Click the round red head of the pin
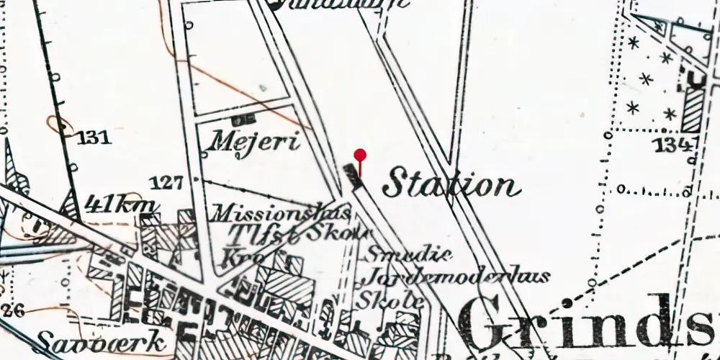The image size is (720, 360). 360,154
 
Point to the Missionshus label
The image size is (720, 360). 281,213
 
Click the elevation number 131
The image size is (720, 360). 94,138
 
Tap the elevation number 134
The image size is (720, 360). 673,146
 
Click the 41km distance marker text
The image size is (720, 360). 121,204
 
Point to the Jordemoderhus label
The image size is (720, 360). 455,276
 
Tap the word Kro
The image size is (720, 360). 244,257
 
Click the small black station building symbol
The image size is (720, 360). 351,174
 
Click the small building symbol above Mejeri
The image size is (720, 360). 243,117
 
